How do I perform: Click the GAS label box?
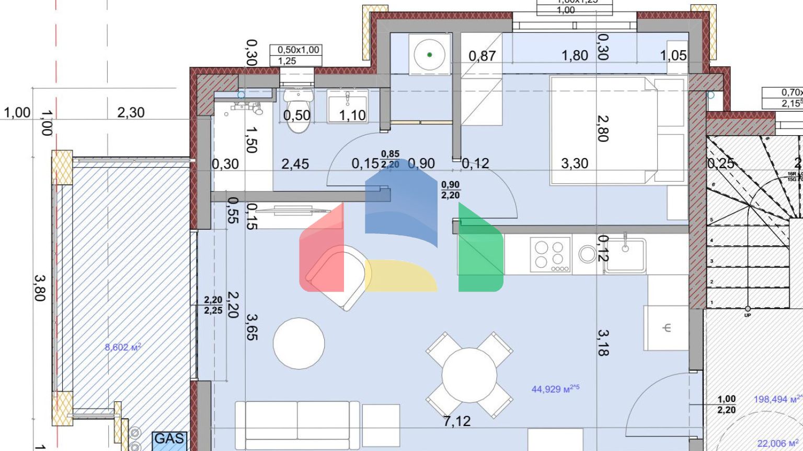pos(169,438)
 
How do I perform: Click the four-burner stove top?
pos(550,255)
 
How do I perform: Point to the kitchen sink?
pos(625,255)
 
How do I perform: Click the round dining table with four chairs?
pos(469,375)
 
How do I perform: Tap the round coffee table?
pos(299,343)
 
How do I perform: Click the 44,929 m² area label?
pos(555,389)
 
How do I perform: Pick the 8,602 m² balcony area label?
pos(123,347)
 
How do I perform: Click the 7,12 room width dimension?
pos(456,421)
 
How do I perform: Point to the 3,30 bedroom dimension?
pos(575,163)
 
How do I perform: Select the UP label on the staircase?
pos(747,315)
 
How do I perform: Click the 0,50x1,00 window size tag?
pos(298,50)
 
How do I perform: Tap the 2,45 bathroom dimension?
pos(295,164)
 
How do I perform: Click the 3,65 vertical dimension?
pos(252,326)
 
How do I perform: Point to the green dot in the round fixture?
pos(429,54)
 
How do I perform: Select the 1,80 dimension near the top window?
pos(575,55)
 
